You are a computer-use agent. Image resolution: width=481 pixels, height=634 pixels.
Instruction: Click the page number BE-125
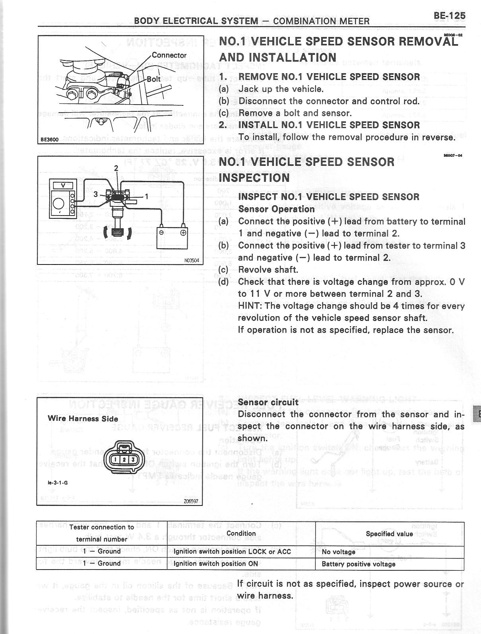(450, 16)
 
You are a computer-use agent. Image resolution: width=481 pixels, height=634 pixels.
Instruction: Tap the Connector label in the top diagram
(169, 55)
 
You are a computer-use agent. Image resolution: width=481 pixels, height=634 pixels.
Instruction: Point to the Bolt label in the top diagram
(154, 79)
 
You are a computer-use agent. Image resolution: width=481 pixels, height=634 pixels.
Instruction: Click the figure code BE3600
(50, 140)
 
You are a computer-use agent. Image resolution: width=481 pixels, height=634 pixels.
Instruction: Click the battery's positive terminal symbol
(183, 233)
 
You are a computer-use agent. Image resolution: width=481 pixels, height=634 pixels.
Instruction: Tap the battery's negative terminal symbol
(161, 233)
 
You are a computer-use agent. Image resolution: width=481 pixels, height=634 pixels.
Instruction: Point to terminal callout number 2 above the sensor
(116, 168)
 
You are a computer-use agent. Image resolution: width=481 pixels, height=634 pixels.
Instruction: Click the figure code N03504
(192, 261)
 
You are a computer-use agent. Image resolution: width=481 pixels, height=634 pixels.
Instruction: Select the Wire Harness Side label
(83, 418)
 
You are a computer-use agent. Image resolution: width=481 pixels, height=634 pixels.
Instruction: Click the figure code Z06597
(191, 501)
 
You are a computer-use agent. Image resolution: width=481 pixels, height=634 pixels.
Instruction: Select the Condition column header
(241, 533)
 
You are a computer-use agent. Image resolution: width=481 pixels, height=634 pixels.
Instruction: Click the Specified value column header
(389, 534)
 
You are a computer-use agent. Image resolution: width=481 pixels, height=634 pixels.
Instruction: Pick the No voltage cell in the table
(338, 552)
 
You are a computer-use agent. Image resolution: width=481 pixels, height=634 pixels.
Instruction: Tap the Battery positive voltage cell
(358, 564)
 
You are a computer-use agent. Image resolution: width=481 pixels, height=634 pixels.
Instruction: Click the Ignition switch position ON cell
(215, 564)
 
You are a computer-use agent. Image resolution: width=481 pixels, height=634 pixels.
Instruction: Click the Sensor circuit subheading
(268, 402)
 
